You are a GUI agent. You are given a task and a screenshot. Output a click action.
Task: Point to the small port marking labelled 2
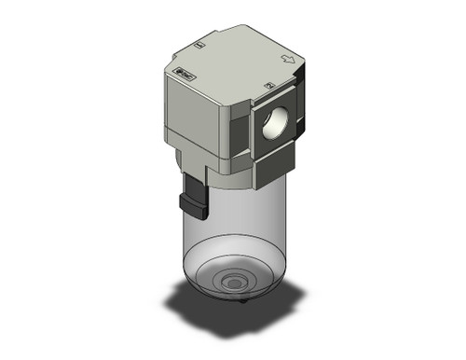tap(269, 86)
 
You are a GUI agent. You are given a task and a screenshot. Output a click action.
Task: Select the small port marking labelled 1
tap(200, 45)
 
